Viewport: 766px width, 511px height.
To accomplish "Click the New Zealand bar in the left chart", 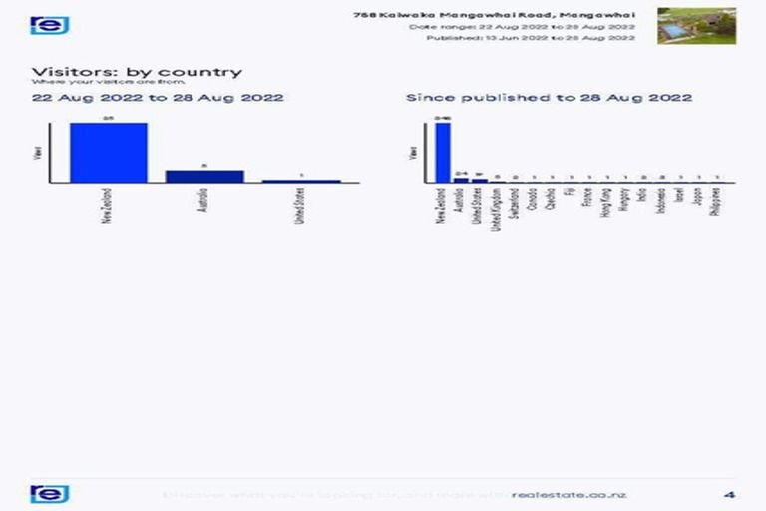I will pyautogui.click(x=108, y=152).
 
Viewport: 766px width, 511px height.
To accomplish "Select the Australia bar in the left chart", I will pyautogui.click(x=203, y=177).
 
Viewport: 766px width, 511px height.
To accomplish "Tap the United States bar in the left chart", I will pyautogui.click(x=300, y=182).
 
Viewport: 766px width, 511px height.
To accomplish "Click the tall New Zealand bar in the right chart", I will pyautogui.click(x=443, y=152).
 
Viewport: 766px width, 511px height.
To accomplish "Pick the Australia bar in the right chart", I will pyautogui.click(x=461, y=181).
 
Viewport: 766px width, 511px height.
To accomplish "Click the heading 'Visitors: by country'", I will pyautogui.click(x=137, y=72).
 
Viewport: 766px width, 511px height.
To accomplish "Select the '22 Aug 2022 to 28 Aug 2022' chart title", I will pyautogui.click(x=158, y=98).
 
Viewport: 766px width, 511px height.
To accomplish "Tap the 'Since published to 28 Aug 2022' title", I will pyautogui.click(x=549, y=98).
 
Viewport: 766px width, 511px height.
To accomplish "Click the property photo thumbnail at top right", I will pyautogui.click(x=696, y=26).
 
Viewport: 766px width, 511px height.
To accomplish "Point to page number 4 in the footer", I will pyautogui.click(x=729, y=494).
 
